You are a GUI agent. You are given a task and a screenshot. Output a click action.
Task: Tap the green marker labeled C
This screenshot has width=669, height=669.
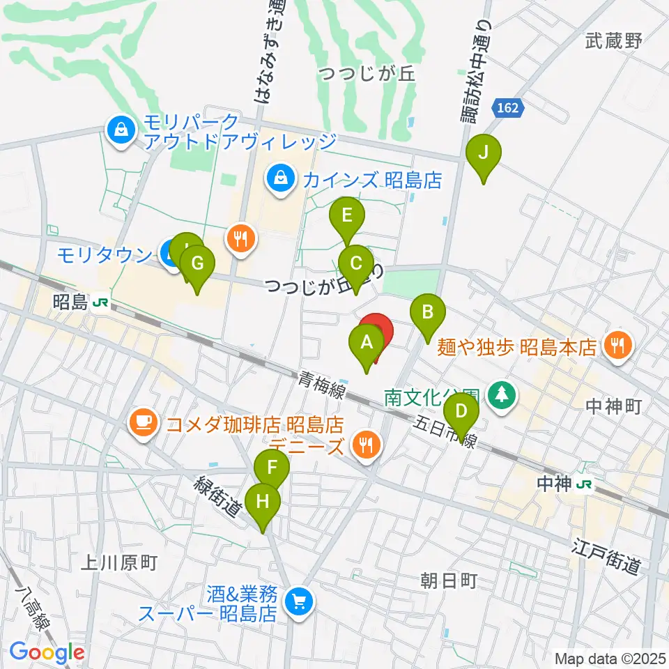(x=355, y=265)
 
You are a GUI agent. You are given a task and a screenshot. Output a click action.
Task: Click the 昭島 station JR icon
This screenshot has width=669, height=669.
(x=102, y=302)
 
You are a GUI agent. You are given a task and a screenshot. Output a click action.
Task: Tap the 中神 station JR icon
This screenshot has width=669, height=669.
(x=589, y=484)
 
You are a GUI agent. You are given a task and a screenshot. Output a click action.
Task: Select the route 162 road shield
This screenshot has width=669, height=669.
(x=507, y=107)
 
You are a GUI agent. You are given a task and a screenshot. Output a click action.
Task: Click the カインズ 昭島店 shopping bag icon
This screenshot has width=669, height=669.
(x=280, y=178)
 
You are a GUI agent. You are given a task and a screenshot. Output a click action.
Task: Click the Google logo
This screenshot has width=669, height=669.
(x=47, y=652)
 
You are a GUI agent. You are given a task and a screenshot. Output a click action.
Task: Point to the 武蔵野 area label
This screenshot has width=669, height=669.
(x=613, y=41)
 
